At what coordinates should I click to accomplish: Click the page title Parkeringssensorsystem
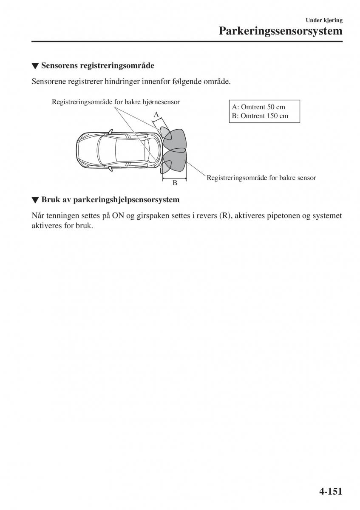[x=281, y=31]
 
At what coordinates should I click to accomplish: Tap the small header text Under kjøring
[x=324, y=20]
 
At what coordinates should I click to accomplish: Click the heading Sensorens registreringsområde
[x=97, y=66]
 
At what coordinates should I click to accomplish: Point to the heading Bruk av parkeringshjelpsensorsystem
[x=110, y=199]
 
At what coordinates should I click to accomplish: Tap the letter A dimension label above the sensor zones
[x=156, y=114]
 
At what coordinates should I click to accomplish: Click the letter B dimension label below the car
[x=174, y=184]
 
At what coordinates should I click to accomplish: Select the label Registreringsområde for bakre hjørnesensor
[x=116, y=102]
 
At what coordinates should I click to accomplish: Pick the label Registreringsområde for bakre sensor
[x=261, y=178]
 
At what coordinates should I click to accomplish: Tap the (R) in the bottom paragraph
[x=224, y=216]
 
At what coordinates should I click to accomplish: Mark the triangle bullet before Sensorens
[x=35, y=66]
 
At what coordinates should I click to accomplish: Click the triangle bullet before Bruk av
[x=35, y=200]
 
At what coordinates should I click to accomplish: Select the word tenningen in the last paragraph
[x=64, y=216]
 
